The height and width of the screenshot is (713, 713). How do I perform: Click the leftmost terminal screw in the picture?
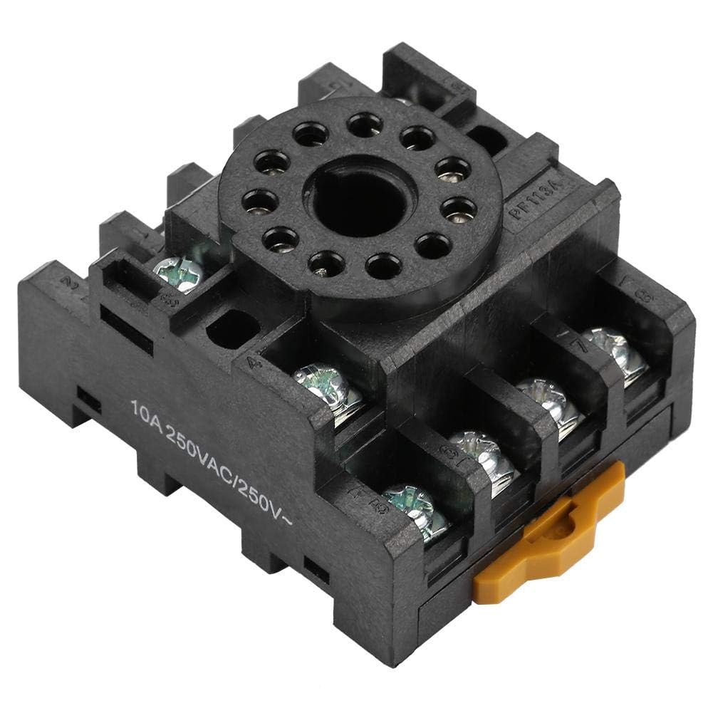178,274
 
